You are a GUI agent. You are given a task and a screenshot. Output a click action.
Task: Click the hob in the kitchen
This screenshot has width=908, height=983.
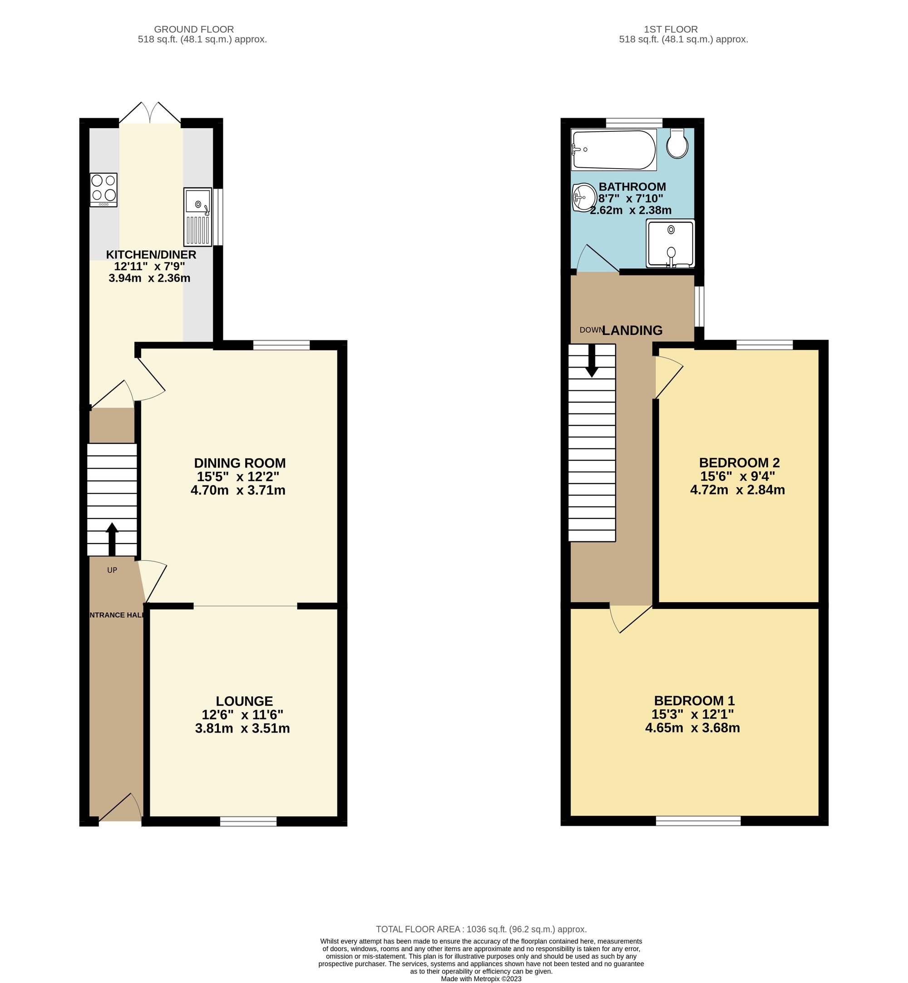tap(104, 190)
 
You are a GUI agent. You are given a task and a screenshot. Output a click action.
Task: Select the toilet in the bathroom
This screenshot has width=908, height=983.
tap(677, 143)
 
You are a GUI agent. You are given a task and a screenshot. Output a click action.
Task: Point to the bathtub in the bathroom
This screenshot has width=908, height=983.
tap(614, 150)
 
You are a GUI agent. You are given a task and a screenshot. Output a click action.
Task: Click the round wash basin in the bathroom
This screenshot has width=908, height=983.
tap(583, 197)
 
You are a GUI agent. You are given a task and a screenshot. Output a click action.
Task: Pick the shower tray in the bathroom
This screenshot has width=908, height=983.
tap(671, 243)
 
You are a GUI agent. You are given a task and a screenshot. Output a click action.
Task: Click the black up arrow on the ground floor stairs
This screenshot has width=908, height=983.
tap(112, 539)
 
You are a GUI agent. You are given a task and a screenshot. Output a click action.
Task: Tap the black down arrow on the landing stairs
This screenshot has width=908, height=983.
tap(592, 360)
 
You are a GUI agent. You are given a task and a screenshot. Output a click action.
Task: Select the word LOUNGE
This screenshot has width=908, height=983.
tap(244, 701)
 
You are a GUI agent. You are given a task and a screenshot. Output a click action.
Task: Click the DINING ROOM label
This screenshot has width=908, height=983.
tap(240, 463)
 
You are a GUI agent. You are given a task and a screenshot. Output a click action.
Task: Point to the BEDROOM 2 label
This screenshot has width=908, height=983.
tap(739, 462)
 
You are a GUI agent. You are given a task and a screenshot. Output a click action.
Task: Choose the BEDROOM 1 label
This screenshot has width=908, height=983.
tap(694, 700)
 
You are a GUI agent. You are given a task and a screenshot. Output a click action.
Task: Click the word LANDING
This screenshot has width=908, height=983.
tap(632, 330)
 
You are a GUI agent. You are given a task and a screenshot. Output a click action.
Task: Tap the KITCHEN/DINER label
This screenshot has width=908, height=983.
tap(151, 254)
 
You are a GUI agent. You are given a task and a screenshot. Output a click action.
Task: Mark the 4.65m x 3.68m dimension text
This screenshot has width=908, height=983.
tap(692, 728)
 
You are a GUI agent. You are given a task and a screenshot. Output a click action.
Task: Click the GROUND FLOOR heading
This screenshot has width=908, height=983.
tap(194, 30)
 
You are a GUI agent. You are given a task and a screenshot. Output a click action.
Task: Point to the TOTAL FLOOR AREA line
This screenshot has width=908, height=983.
tap(481, 929)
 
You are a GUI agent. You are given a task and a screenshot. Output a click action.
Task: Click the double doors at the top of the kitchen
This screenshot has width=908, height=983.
tap(150, 113)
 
